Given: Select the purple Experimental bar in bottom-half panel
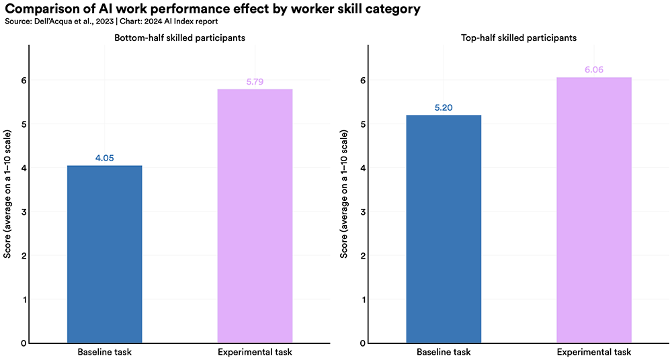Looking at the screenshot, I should pyautogui.click(x=255, y=216).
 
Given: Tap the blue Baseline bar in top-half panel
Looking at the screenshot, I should pyautogui.click(x=444, y=229).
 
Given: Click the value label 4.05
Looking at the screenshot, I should pyautogui.click(x=104, y=159).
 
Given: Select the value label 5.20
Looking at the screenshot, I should pyautogui.click(x=444, y=108).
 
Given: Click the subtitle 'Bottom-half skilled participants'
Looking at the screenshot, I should pyautogui.click(x=179, y=38).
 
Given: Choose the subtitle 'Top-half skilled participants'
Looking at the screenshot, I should pyautogui.click(x=518, y=38).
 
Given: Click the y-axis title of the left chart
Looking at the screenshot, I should pyautogui.click(x=7, y=193).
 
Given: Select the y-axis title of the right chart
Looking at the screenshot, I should pyautogui.click(x=344, y=193).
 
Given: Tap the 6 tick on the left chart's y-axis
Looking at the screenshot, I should pyautogui.click(x=23, y=80).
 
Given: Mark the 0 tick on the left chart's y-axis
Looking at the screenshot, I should pyautogui.click(x=23, y=343).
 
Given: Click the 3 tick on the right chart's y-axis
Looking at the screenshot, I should pyautogui.click(x=362, y=212).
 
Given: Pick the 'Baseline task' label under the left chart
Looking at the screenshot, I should pyautogui.click(x=104, y=353).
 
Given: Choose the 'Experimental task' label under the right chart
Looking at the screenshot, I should pyautogui.click(x=594, y=353).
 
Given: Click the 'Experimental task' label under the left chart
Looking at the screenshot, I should pyautogui.click(x=255, y=353).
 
